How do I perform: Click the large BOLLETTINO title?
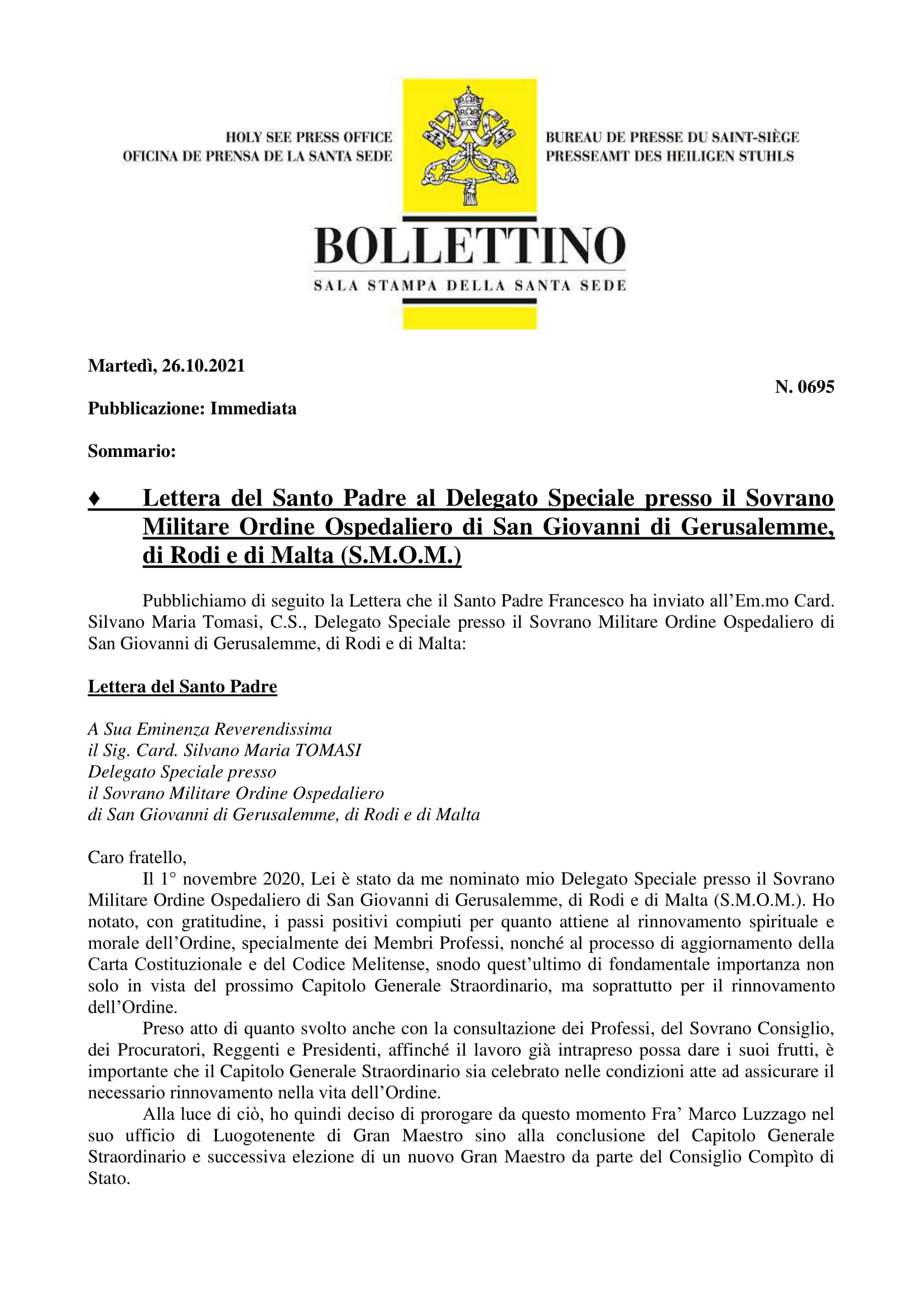pyautogui.click(x=470, y=245)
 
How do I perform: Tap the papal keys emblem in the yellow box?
pyautogui.click(x=469, y=145)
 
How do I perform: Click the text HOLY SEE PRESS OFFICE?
pyautogui.click(x=309, y=137)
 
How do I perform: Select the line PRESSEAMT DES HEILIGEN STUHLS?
pyautogui.click(x=670, y=156)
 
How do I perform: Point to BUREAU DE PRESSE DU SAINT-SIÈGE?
pyautogui.click(x=672, y=137)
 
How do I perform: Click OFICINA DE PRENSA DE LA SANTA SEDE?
pyautogui.click(x=257, y=156)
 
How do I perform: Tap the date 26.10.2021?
pyautogui.click(x=203, y=365)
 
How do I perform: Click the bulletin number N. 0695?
pyautogui.click(x=804, y=387)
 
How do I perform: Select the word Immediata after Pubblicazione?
pyautogui.click(x=253, y=408)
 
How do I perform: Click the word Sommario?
pyautogui.click(x=131, y=451)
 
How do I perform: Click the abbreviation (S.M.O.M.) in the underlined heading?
pyautogui.click(x=401, y=555)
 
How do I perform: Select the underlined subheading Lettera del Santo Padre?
pyautogui.click(x=182, y=687)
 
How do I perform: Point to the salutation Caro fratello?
pyautogui.click(x=137, y=857)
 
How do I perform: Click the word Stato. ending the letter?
pyautogui.click(x=109, y=1178)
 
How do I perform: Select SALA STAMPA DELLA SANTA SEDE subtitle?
pyautogui.click(x=470, y=286)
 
